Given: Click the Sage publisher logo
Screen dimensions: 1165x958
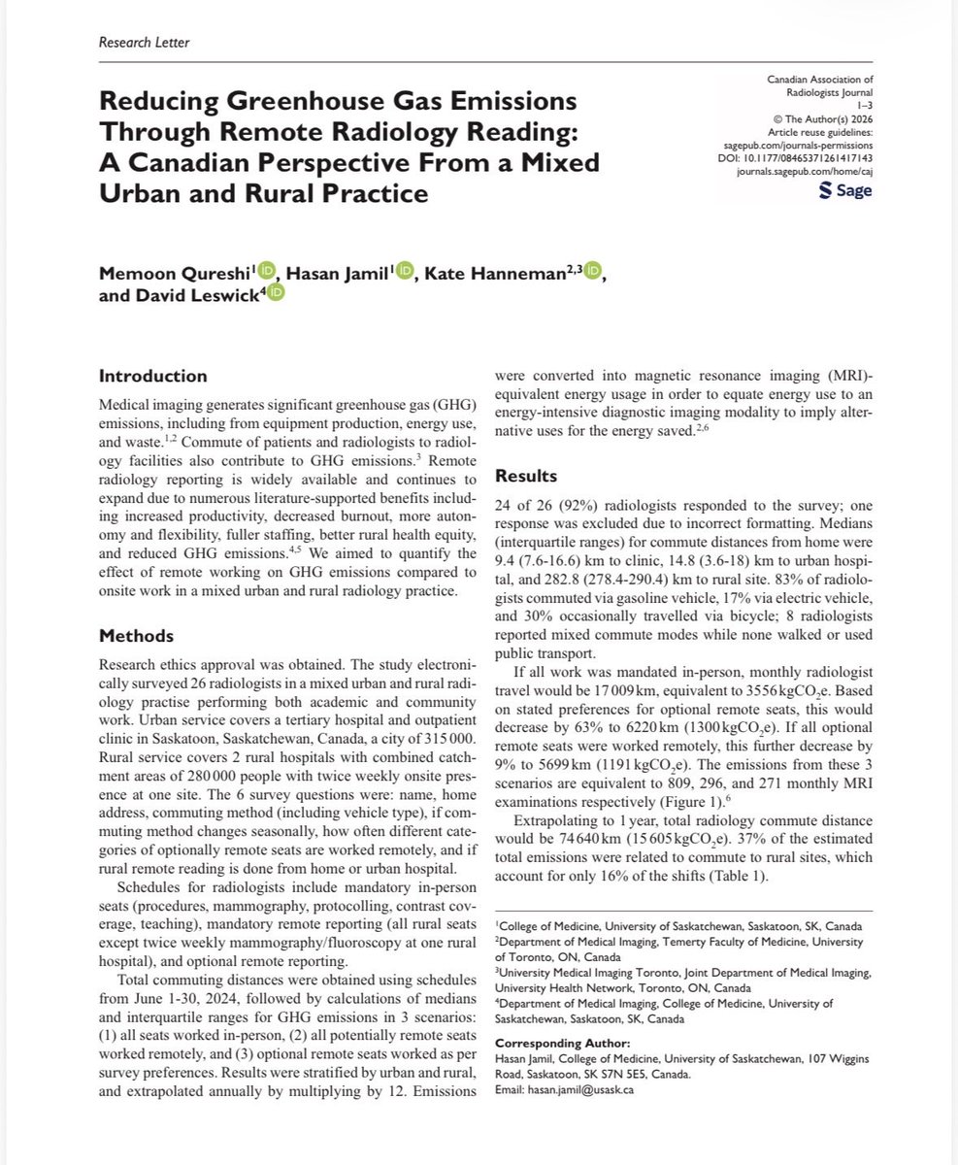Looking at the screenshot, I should (844, 190).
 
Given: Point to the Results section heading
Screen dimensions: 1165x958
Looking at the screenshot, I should (526, 477).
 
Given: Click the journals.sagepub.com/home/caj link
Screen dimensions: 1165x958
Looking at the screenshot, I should (792, 168).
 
